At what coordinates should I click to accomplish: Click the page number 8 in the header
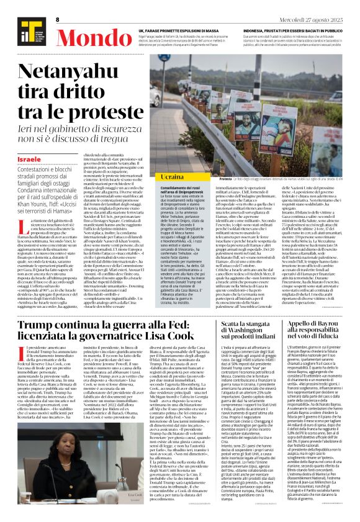(57, 20)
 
